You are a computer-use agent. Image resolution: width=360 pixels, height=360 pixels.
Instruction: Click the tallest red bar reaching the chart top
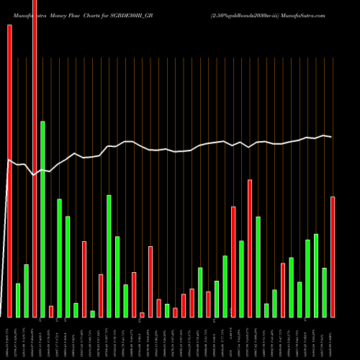(35, 158)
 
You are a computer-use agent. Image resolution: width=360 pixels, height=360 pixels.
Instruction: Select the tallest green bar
(42, 219)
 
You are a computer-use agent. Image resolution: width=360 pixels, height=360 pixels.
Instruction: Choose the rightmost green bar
(324, 292)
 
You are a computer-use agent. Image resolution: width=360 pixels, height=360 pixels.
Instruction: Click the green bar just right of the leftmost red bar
(18, 300)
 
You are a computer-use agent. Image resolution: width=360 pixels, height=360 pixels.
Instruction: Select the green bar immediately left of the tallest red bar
(26, 291)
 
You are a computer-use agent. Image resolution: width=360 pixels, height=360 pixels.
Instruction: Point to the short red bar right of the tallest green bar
(51, 311)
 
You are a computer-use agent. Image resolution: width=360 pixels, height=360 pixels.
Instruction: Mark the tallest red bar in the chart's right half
(250, 248)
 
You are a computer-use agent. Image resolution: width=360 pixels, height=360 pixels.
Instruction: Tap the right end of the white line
(332, 136)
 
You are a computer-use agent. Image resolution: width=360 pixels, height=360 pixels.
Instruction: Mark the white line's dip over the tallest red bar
(35, 175)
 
